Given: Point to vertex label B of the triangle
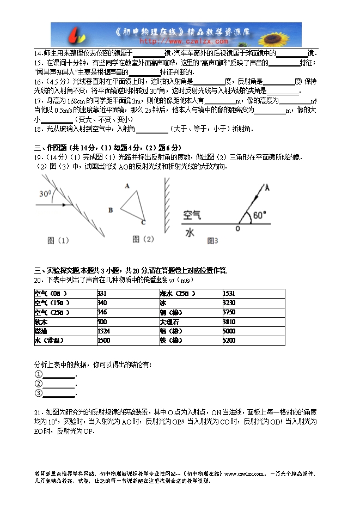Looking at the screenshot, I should pos(111,209).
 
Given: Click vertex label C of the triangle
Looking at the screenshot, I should pos(143,222).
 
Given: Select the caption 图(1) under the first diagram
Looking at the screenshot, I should pos(58,240).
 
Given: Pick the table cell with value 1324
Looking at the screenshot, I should pos(105,331).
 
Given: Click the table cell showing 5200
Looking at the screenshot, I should pos(229,341).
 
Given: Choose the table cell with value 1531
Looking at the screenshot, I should pos(229,294).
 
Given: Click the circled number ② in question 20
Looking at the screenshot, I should pos(38,384).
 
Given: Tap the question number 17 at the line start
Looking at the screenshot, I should pos(38,101).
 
